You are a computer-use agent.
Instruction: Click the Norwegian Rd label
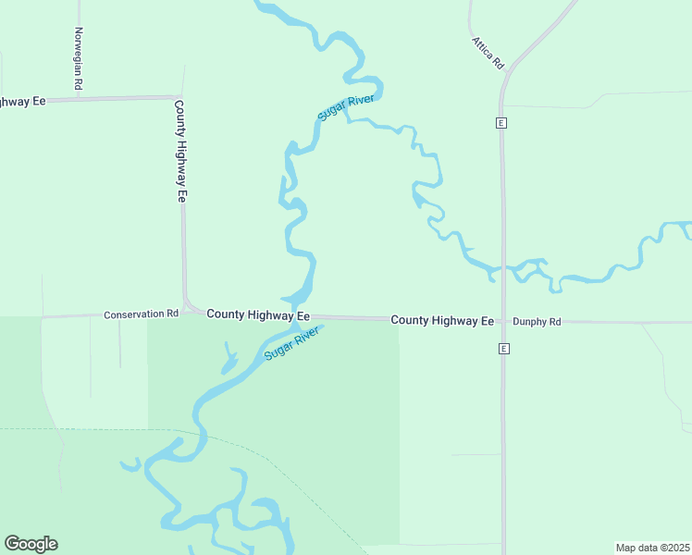[79, 58]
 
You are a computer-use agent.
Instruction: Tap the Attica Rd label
[488, 54]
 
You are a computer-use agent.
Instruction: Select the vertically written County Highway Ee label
[181, 151]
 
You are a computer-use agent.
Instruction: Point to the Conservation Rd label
[141, 314]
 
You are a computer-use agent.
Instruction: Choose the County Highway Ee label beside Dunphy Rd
[442, 320]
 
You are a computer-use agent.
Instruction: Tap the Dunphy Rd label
[538, 322]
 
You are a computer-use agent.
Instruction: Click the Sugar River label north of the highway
[344, 106]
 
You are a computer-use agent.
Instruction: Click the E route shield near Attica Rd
[501, 123]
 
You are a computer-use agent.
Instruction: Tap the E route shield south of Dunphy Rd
[503, 349]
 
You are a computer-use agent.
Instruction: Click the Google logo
[31, 544]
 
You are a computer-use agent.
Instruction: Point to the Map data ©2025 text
[652, 548]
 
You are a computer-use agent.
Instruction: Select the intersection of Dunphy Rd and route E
[503, 322]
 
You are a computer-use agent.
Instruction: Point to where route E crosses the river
[503, 270]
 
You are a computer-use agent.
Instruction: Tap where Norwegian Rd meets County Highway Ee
[78, 98]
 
